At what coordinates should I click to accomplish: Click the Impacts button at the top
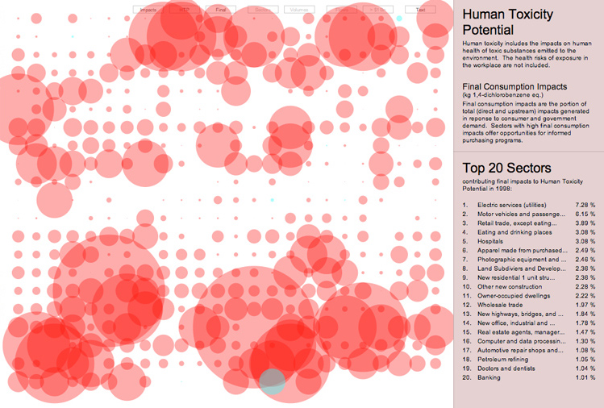coord(148,10)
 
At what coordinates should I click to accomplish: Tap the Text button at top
coord(420,10)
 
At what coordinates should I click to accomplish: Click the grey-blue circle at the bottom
coord(273,381)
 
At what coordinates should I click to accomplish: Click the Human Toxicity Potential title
coord(506,22)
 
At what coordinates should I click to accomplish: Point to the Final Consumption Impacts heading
coord(514,86)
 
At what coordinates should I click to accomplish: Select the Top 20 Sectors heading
coord(507,168)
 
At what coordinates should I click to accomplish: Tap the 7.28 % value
coord(585,205)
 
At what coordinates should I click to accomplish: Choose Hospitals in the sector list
coord(493,241)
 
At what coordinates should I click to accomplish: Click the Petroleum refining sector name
coord(502,360)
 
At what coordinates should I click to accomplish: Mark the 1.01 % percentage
coord(585,377)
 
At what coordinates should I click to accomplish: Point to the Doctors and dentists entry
coord(506,368)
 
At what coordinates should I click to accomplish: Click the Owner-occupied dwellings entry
coord(512,296)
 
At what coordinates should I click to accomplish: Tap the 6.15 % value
coord(585,214)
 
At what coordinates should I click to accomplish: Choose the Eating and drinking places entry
coord(514,232)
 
